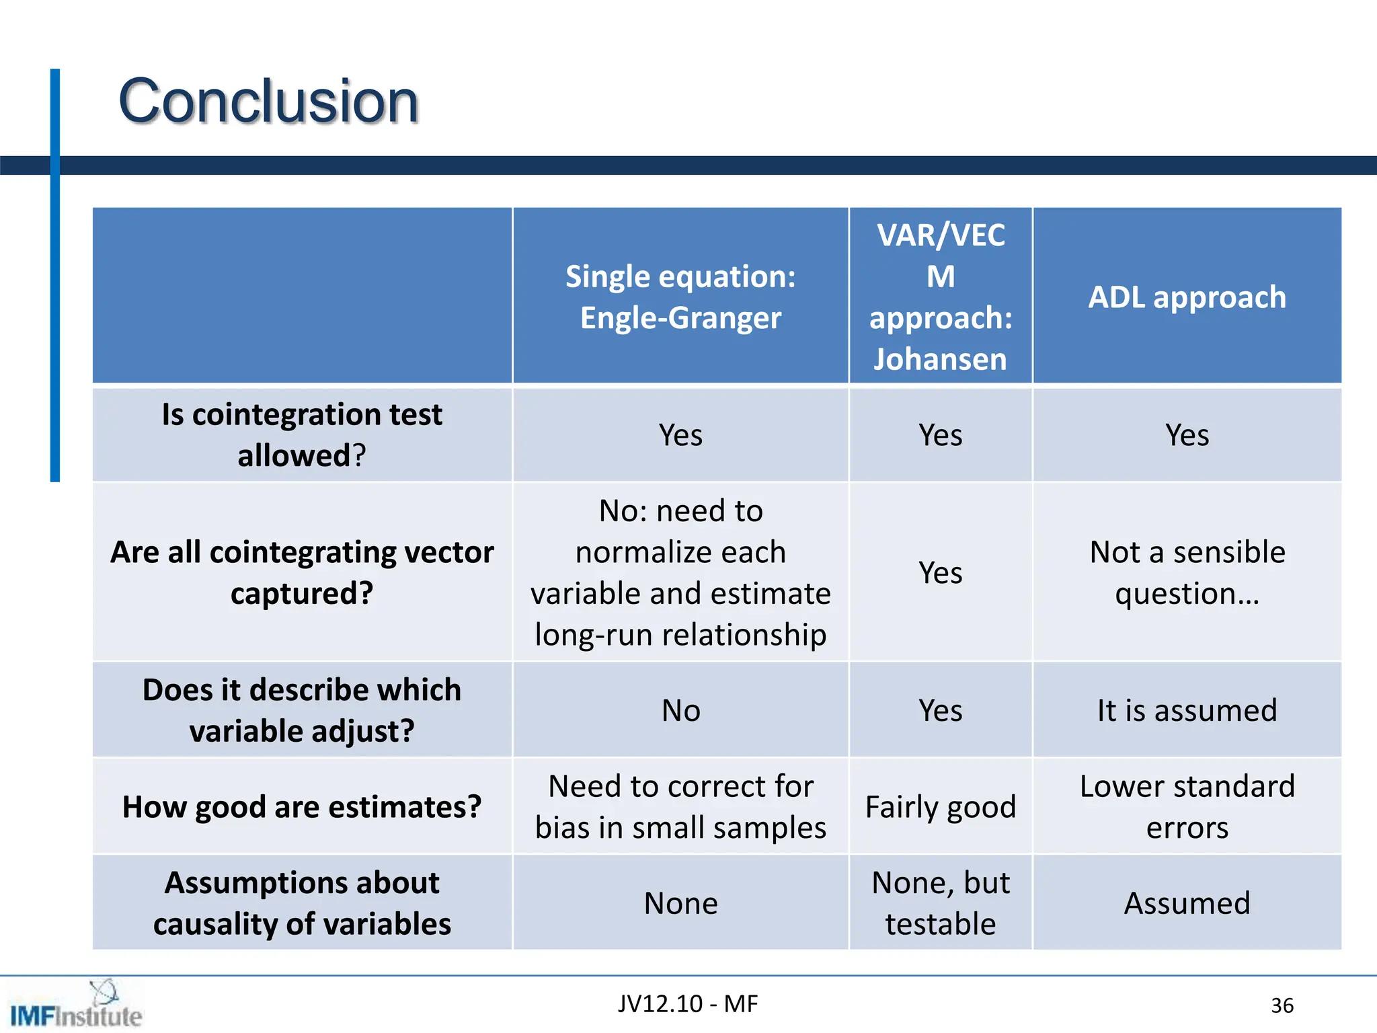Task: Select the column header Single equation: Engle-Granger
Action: (680, 297)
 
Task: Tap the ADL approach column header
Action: (1187, 297)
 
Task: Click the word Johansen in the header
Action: (940, 358)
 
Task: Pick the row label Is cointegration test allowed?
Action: (302, 434)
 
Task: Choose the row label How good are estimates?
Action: (302, 806)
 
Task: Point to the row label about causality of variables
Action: (302, 903)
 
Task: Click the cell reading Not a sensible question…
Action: (1187, 572)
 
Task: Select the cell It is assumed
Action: (1187, 710)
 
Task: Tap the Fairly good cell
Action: (940, 806)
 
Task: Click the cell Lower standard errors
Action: (1187, 806)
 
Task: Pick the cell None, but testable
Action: (940, 903)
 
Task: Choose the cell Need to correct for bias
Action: (680, 806)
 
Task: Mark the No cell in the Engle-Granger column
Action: (680, 710)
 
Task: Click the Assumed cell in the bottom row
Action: (1187, 903)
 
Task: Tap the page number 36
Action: (1282, 1005)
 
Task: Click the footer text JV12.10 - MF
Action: (688, 1003)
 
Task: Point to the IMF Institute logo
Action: (75, 1006)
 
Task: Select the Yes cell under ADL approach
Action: (1187, 434)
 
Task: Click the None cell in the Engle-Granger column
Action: (680, 903)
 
